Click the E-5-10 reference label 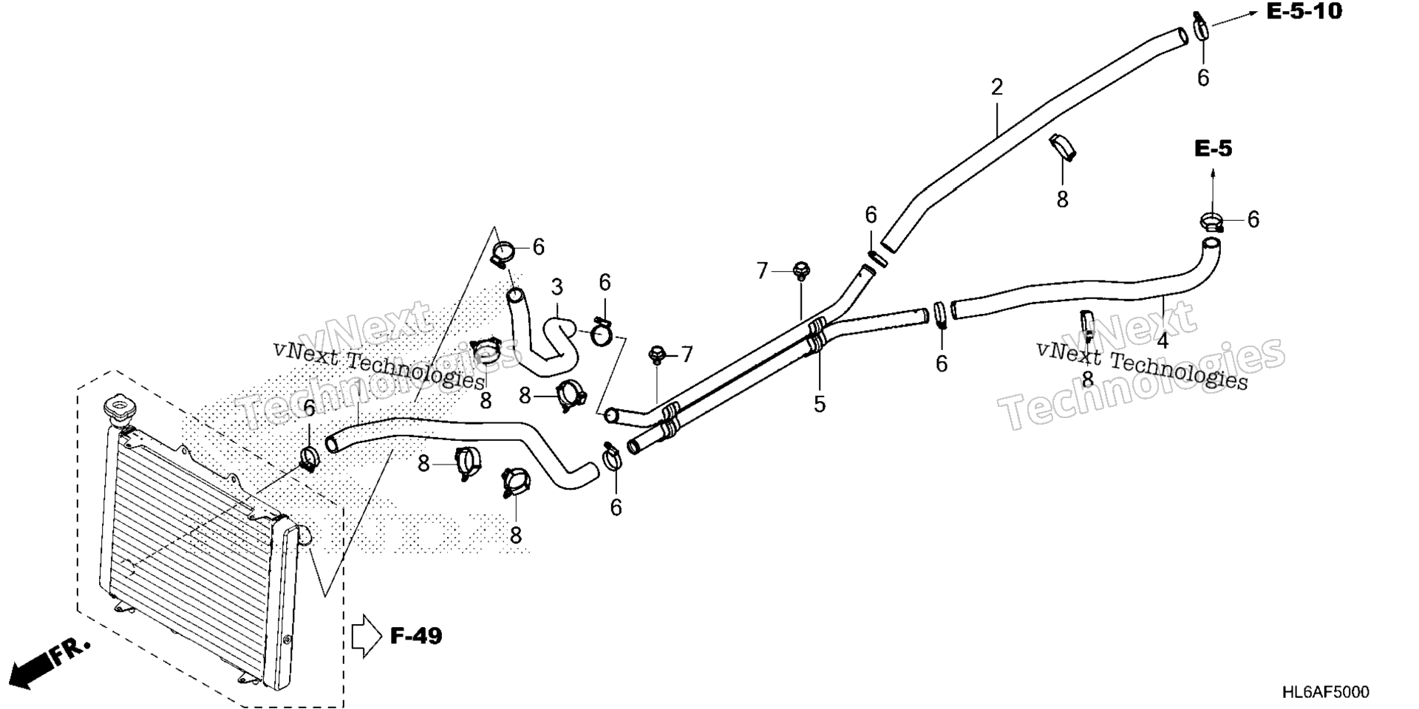[x=1305, y=12]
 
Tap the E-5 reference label [x=1214, y=149]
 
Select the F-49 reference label [x=416, y=635]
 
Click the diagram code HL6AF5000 [x=1325, y=692]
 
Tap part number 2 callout [x=997, y=88]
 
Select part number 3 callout [x=557, y=287]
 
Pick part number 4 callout [x=1163, y=342]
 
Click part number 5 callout [x=820, y=404]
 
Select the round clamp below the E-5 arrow [x=1211, y=220]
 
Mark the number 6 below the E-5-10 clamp [x=1203, y=78]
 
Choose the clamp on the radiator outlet [x=309, y=459]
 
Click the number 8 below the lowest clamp [x=516, y=535]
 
